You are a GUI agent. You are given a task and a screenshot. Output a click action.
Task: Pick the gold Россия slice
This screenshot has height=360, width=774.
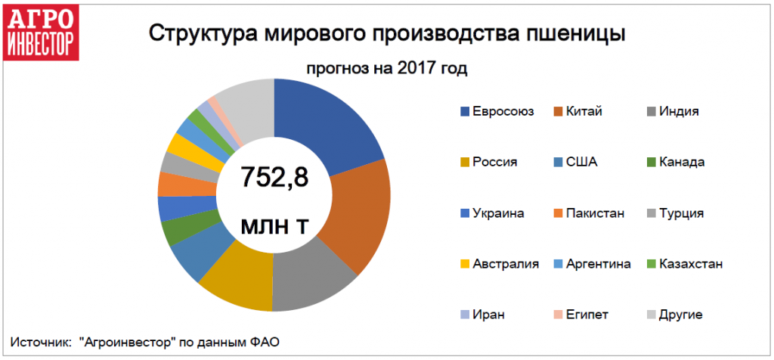234,284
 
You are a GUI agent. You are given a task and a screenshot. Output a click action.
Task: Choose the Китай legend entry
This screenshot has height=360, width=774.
581,111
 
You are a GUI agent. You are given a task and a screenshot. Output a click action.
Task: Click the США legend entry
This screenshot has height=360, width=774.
580,162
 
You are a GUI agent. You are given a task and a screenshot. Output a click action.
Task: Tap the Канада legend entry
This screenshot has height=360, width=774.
681,162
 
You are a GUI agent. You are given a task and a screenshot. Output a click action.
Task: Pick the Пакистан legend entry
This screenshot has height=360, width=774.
594,213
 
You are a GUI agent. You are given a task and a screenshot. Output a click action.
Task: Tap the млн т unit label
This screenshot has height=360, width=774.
274,225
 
